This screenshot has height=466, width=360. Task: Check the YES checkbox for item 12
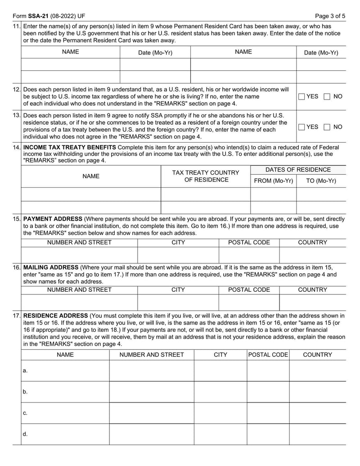(x=301, y=96)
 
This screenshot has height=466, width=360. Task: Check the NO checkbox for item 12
(x=327, y=96)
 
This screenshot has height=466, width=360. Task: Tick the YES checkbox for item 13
(x=301, y=127)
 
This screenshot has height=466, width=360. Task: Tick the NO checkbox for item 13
(x=327, y=127)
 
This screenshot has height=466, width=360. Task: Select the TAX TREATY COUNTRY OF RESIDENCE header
(x=206, y=176)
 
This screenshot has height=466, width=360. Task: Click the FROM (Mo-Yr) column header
(x=273, y=181)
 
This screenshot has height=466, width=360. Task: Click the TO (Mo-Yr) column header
(x=321, y=181)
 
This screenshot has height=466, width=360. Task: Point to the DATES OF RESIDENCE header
(x=298, y=170)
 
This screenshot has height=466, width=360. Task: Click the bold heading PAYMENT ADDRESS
(x=53, y=219)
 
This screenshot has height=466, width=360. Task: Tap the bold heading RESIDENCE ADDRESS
(x=55, y=316)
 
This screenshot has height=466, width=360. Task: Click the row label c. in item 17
(x=25, y=413)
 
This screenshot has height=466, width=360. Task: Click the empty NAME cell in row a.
(x=65, y=371)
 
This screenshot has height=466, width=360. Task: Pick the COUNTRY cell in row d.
(x=317, y=434)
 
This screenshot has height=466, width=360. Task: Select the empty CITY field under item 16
(x=178, y=302)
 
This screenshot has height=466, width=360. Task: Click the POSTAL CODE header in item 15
(x=249, y=242)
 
